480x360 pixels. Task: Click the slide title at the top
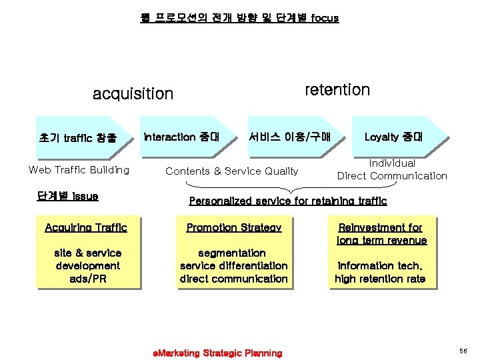click(239, 18)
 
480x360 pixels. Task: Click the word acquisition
click(133, 94)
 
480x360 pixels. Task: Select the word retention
click(337, 89)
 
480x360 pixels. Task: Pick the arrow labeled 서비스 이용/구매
click(288, 137)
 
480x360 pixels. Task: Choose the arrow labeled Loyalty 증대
click(393, 137)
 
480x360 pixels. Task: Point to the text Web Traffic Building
click(79, 170)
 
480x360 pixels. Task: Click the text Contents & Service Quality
click(231, 171)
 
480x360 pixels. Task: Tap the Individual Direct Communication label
click(392, 170)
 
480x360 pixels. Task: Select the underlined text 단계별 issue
click(67, 196)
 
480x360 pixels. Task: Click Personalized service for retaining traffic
click(287, 201)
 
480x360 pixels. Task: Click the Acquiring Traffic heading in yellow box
click(85, 228)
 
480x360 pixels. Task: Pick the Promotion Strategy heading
click(233, 228)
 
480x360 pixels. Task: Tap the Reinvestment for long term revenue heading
click(381, 234)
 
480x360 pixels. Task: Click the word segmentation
click(233, 253)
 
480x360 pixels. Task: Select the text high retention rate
click(380, 279)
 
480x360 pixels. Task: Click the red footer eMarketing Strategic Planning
click(217, 353)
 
